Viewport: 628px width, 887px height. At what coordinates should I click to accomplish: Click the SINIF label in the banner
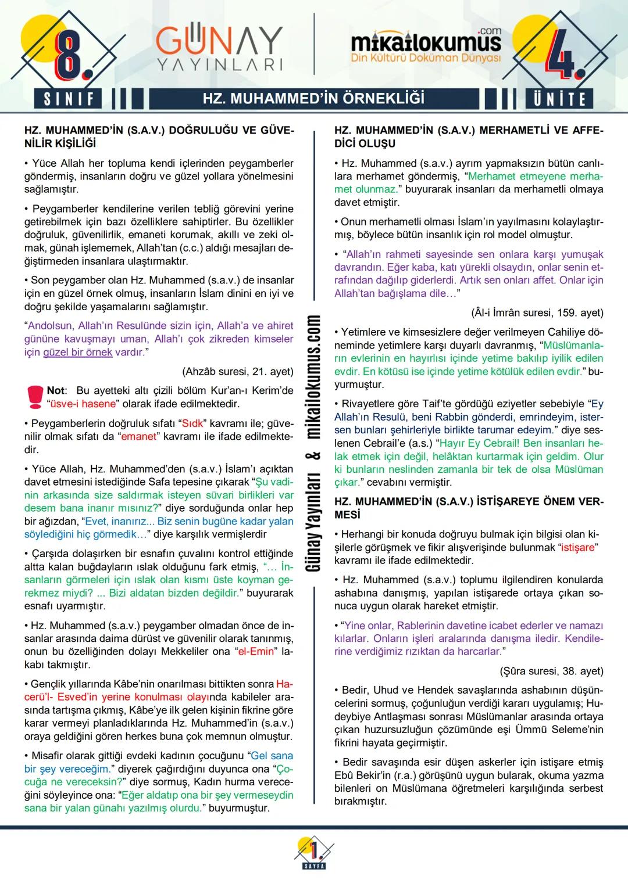click(69, 98)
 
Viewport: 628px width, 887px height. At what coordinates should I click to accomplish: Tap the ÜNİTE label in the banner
click(559, 98)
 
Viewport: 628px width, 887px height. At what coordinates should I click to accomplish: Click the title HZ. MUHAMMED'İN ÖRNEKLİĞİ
click(313, 98)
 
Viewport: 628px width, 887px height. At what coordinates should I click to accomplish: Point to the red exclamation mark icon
click(34, 397)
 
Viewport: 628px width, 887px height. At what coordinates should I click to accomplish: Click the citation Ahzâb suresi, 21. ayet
click(238, 371)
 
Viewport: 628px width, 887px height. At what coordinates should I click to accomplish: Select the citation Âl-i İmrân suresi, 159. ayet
click(537, 313)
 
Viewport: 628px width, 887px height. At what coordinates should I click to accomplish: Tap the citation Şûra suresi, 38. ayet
click(551, 671)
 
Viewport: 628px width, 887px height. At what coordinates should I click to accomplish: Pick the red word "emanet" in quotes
click(138, 436)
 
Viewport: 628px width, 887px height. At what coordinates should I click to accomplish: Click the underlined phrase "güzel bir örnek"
click(78, 352)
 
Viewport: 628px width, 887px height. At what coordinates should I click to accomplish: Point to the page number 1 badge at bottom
click(314, 852)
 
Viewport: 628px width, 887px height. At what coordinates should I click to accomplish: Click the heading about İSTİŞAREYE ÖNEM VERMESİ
click(469, 508)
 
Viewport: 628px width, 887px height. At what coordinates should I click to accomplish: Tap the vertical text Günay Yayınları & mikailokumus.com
click(314, 444)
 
